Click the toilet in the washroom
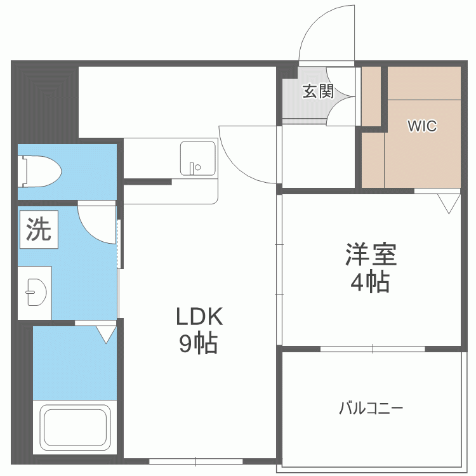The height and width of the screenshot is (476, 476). [x=42, y=171]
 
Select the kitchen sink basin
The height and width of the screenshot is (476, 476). [x=197, y=158]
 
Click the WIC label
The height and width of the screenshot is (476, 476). [x=422, y=126]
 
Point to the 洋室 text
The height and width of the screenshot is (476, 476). [x=371, y=255]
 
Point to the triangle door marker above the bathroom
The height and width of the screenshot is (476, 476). [x=106, y=334]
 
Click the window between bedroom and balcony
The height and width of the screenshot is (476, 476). [x=373, y=348]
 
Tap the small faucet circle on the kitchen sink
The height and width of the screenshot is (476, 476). [x=197, y=168]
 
